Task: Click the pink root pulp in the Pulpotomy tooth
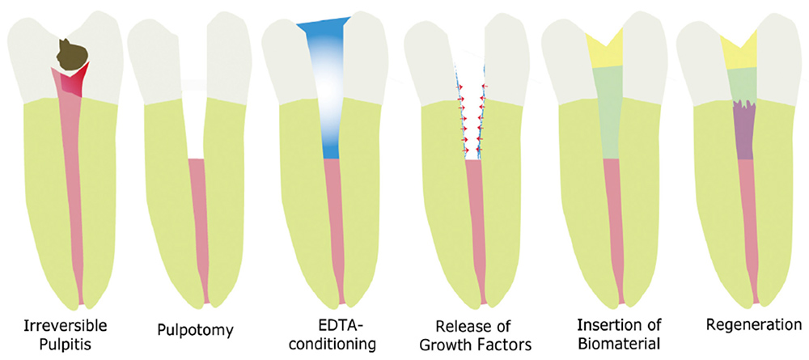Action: [197, 227]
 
